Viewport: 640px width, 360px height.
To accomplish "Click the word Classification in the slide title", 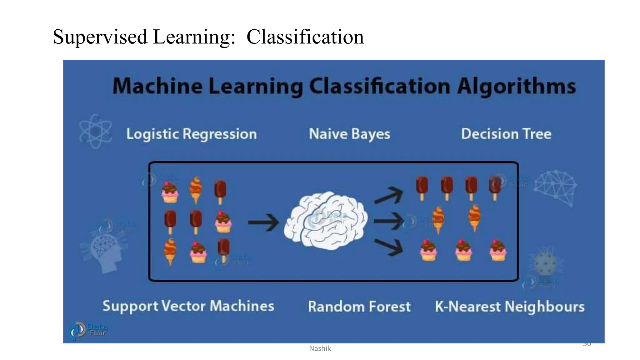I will coord(305,37).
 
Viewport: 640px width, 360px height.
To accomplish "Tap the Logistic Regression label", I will coord(191,134).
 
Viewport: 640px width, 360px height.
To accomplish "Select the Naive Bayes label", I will coord(349,134).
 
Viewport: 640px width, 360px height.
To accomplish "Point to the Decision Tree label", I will coord(506,134).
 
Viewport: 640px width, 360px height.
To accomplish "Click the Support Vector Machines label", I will coord(188,306).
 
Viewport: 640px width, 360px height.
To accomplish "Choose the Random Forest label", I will coord(359,307).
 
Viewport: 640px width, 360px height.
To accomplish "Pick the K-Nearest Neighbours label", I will coord(510,307).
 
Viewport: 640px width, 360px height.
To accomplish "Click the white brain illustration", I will coord(326,221).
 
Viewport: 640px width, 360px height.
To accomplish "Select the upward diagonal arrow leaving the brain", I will coord(389,196).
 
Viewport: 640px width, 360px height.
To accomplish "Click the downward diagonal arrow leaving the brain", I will coord(389,247).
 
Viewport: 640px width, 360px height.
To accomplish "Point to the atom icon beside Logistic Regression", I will coord(95,131).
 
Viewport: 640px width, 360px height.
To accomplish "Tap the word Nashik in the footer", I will coord(320,348).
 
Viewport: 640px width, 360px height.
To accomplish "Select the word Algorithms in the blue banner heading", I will coord(516,86).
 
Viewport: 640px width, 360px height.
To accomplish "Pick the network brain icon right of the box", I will coord(555,187).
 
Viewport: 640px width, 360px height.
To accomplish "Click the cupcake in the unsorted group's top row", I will coord(170,192).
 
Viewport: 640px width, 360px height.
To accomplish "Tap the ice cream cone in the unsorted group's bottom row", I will coord(170,251).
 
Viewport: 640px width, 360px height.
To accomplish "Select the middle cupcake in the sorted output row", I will coord(463,250).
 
